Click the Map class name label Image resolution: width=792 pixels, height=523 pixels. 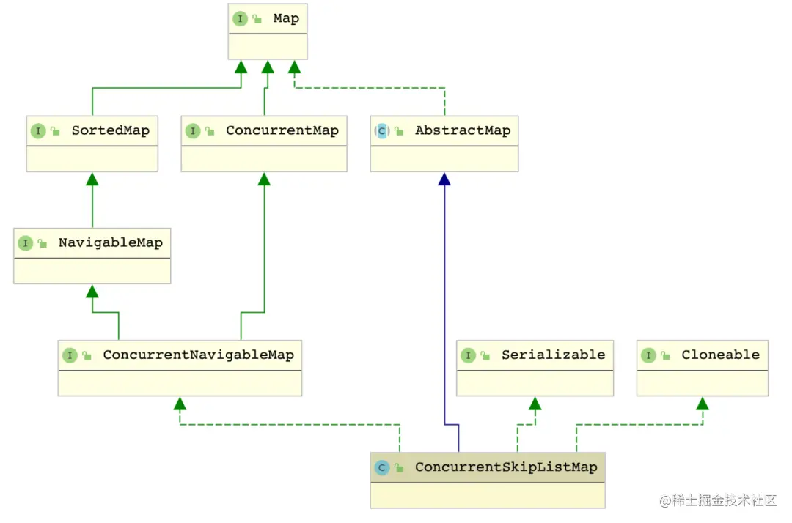[x=286, y=18]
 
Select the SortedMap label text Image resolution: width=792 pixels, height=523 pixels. [x=111, y=130]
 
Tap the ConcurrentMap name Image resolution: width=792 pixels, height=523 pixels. [x=282, y=130]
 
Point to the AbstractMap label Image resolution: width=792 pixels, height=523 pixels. [x=463, y=130]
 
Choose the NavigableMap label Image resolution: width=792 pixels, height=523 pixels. [x=111, y=242]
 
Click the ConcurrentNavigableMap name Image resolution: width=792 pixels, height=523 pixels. [x=199, y=355]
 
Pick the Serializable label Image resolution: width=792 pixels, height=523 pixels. [x=553, y=355]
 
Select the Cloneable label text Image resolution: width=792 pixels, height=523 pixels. [x=720, y=355]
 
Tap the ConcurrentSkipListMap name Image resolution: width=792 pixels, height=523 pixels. [x=506, y=467]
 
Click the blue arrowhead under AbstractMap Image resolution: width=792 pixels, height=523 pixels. [x=444, y=179]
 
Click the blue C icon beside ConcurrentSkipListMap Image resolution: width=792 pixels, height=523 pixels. [x=382, y=468]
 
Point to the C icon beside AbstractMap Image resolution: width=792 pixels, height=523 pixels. [x=382, y=131]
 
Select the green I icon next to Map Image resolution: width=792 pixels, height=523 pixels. [x=240, y=19]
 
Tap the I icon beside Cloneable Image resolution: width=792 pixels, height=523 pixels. [x=648, y=355]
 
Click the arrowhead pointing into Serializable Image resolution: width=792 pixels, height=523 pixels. [x=535, y=404]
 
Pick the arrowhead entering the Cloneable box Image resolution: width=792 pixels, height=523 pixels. [x=703, y=404]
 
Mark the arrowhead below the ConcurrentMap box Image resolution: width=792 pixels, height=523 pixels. [x=264, y=179]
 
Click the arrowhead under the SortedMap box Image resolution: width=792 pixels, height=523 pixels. [x=92, y=179]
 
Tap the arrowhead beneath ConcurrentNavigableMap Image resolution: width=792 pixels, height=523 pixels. [x=180, y=404]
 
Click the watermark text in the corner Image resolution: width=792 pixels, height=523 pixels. [x=718, y=500]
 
